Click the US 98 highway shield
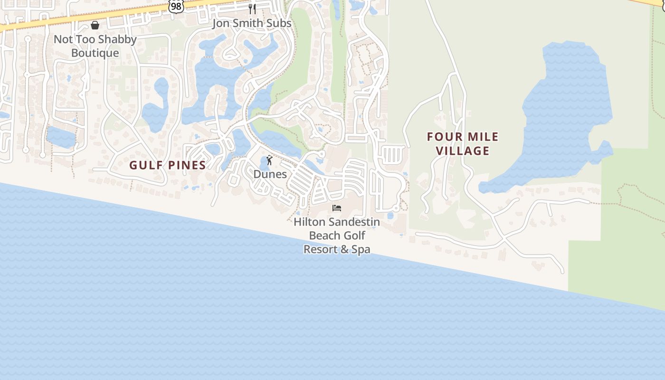[x=176, y=6]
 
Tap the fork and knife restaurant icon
[x=252, y=9]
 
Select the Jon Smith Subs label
[x=252, y=23]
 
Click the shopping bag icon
[x=95, y=25]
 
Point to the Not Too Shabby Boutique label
[x=95, y=46]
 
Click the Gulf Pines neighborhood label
[x=168, y=165]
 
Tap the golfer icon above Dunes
[x=270, y=160]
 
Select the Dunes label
[x=270, y=174]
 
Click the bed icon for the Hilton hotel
[x=337, y=208]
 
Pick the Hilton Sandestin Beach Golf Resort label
[x=337, y=235]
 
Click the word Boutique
[x=95, y=53]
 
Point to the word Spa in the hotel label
[x=360, y=249]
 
